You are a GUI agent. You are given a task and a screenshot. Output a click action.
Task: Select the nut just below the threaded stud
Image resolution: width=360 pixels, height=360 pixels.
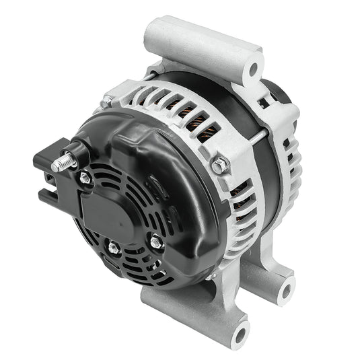85,178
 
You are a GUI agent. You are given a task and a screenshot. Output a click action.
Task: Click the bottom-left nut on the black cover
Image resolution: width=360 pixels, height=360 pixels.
112,248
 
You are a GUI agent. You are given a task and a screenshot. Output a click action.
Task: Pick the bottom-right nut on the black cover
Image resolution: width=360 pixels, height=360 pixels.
156,242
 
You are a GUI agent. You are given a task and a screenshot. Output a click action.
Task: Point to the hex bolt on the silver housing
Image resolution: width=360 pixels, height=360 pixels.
220,164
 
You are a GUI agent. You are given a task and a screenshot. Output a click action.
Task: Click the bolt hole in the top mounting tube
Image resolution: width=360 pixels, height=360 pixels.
254,68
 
